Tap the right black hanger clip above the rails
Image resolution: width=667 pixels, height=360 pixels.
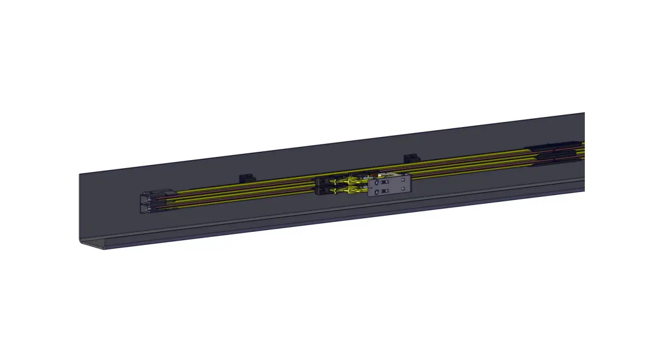pos(411,158)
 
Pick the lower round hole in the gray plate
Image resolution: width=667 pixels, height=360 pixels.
pos(377,192)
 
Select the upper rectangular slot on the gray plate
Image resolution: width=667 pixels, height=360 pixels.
pos(385,182)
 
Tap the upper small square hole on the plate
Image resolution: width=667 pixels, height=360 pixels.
pos(403,179)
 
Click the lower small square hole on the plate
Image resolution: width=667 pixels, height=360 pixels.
pos(403,188)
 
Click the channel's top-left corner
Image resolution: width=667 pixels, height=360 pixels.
pos(80,175)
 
